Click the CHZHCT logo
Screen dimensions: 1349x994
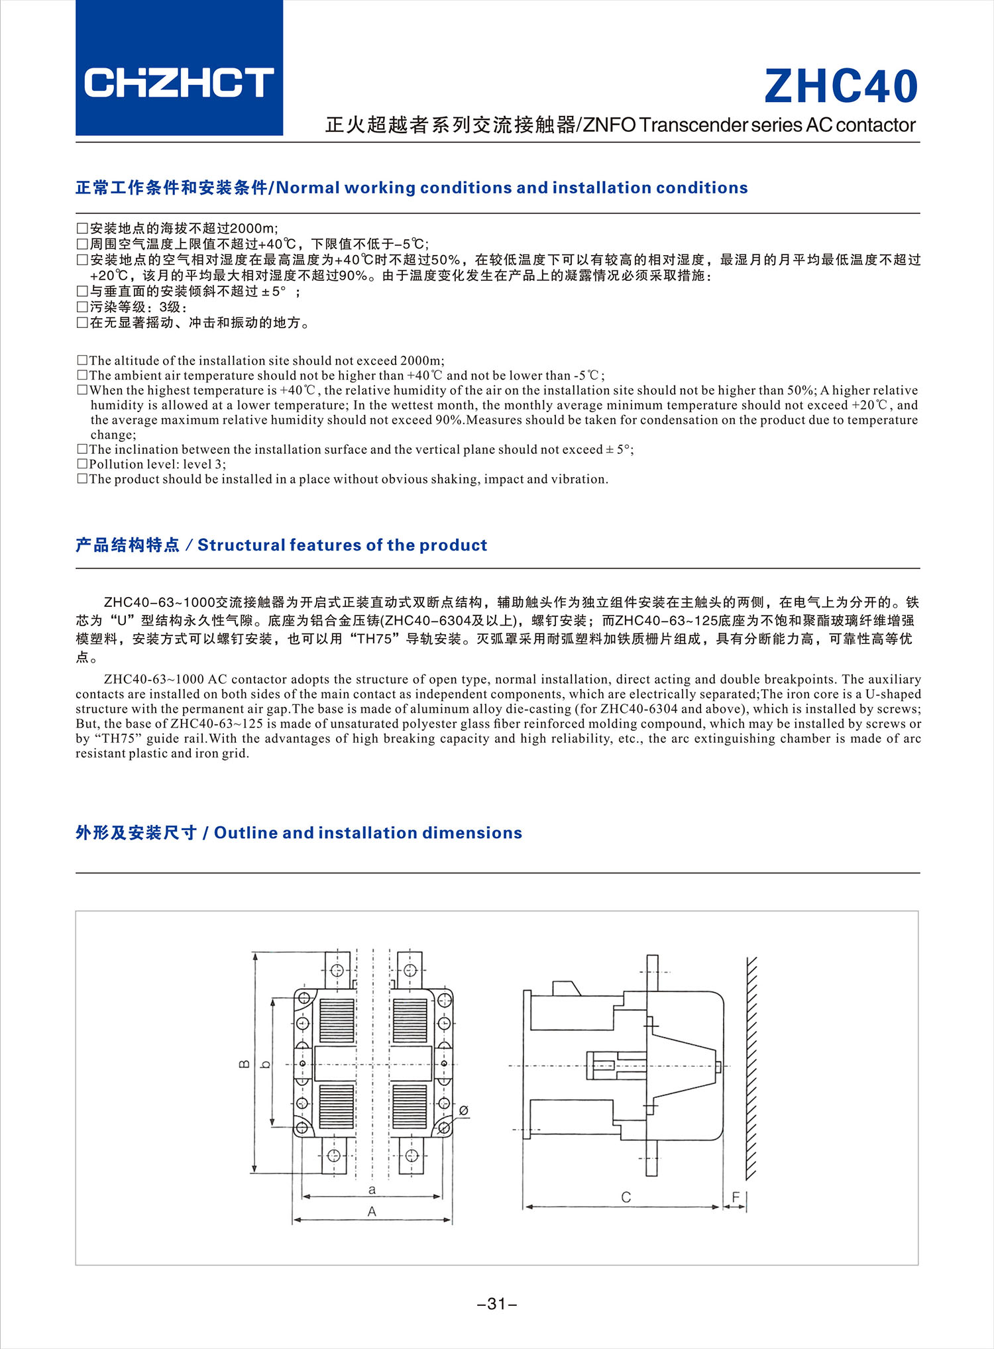click(x=179, y=82)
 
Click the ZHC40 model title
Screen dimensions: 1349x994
click(x=840, y=87)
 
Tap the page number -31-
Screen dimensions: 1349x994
click(x=496, y=1304)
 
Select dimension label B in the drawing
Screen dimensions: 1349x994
click(x=244, y=1064)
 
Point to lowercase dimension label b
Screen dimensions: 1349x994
click(x=265, y=1065)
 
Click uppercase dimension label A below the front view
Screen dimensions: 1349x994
click(x=372, y=1211)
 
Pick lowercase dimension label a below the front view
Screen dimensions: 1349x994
click(x=372, y=1189)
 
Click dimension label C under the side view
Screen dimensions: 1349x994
click(x=626, y=1197)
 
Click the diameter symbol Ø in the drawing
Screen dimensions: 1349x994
click(x=463, y=1110)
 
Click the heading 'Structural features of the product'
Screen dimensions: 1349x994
click(x=342, y=545)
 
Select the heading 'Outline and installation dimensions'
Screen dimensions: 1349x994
click(x=368, y=833)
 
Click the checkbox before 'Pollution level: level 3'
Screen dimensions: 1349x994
click(x=82, y=464)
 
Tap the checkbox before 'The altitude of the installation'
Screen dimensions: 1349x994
click(x=82, y=360)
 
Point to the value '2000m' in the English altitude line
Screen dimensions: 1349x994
click(x=421, y=360)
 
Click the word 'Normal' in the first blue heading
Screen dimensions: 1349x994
click(x=307, y=188)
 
